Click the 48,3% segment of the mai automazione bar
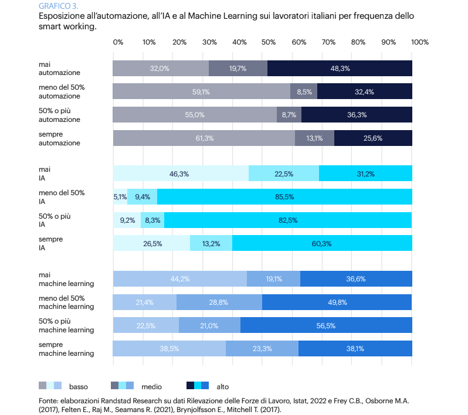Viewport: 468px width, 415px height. (340, 68)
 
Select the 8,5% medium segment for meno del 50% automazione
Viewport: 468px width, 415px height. (304, 91)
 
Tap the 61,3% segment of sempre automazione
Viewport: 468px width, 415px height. (204, 138)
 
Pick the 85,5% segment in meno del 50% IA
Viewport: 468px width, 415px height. (284, 196)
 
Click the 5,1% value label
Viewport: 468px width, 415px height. (120, 196)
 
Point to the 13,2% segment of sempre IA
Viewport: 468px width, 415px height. (211, 243)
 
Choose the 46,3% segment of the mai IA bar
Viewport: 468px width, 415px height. (181, 174)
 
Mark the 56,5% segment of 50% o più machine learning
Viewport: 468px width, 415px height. (326, 325)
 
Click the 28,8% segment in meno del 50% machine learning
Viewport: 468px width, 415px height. (219, 302)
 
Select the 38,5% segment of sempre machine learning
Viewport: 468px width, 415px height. (169, 348)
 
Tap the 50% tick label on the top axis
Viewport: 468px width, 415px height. (269, 42)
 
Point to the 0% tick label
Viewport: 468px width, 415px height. (118, 42)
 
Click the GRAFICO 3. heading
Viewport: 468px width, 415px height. (58, 6)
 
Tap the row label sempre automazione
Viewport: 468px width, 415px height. (59, 138)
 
